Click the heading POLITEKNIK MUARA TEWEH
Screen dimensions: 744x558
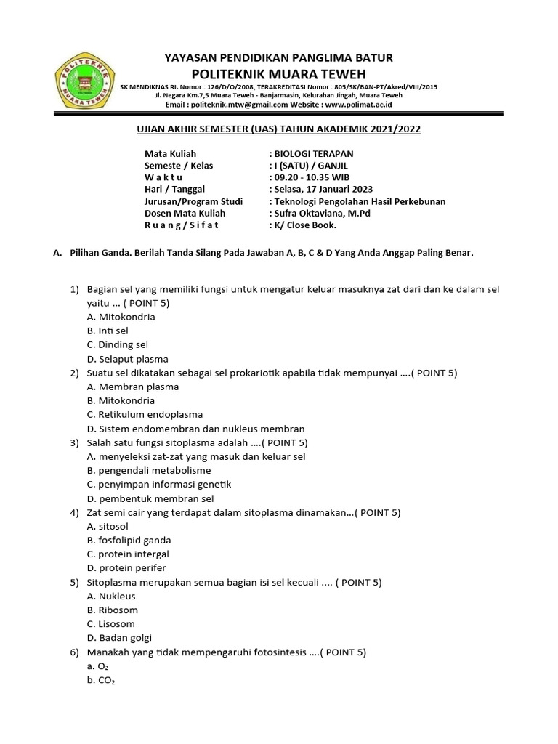coord(279,74)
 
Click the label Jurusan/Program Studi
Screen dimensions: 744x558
coord(193,201)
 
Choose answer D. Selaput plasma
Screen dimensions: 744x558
coord(127,359)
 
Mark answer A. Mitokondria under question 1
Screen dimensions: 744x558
coord(121,317)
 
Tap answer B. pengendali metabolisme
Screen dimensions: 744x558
coord(143,470)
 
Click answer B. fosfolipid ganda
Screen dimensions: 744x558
coord(129,540)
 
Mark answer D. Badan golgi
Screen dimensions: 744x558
coord(119,638)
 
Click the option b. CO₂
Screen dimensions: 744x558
coord(101,680)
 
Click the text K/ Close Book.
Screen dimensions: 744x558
coord(305,225)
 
